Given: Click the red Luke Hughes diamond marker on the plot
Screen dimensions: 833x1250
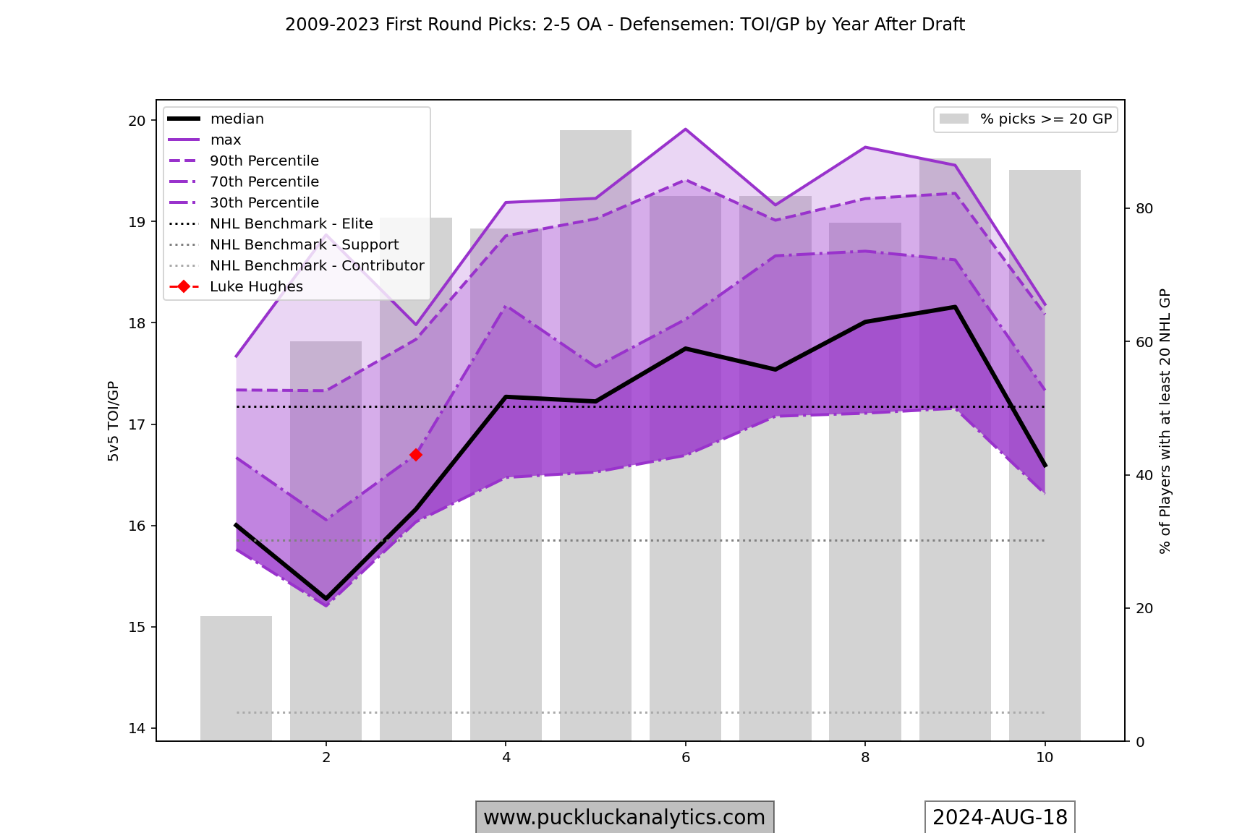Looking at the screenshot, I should tap(416, 455).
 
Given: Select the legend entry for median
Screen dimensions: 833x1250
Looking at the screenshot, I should tap(237, 119).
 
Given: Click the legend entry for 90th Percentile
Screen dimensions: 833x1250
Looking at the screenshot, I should tap(264, 161).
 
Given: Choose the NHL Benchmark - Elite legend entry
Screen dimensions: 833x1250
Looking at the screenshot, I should tap(291, 224).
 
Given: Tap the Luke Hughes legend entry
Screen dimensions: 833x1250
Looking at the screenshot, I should tap(256, 287).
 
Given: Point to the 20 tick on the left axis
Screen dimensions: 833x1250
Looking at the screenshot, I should tap(137, 121).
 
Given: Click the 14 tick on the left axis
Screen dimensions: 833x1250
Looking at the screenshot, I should tap(137, 728).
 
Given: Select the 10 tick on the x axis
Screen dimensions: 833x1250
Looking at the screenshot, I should tap(1045, 758).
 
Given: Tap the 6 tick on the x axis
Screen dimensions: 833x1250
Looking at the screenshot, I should tap(686, 758).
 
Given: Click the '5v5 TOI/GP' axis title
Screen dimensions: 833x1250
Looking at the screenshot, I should tap(114, 421).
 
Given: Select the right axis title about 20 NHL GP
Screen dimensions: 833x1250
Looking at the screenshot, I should tap(1165, 421).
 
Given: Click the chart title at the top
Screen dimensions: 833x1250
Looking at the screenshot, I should tap(625, 25).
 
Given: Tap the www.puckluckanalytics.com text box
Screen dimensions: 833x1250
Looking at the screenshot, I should tap(624, 817).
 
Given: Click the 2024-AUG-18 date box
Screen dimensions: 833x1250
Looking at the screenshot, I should tap(1000, 817).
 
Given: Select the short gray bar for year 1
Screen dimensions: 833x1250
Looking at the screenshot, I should tap(237, 678).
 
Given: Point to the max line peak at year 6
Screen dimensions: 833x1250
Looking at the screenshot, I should tap(685, 129).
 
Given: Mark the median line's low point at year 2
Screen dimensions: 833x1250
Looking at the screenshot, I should tap(326, 599).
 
